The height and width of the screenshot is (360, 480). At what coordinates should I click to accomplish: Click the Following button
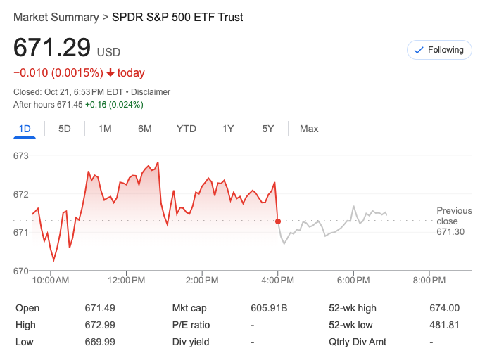pyautogui.click(x=439, y=50)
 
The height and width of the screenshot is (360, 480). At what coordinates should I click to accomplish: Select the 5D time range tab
pyautogui.click(x=65, y=129)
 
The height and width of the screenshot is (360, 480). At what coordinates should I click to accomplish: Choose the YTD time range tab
pyautogui.click(x=187, y=129)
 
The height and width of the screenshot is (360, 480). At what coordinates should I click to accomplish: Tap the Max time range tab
pyautogui.click(x=309, y=129)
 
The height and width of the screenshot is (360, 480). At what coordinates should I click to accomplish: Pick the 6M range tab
pyautogui.click(x=145, y=129)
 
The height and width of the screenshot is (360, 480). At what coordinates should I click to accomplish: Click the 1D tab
pyautogui.click(x=25, y=129)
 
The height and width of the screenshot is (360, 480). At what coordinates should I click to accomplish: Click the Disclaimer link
pyautogui.click(x=151, y=92)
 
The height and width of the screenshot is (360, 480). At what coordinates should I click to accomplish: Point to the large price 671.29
pyautogui.click(x=52, y=48)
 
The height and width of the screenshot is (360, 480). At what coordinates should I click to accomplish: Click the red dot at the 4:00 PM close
pyautogui.click(x=278, y=221)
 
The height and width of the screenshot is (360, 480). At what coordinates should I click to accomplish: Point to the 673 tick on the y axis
pyautogui.click(x=20, y=155)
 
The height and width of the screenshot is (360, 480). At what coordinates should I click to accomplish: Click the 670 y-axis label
pyautogui.click(x=20, y=271)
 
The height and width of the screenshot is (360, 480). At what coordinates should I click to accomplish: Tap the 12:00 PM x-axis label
pyautogui.click(x=127, y=281)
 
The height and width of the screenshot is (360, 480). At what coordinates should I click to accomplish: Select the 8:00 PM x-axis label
pyautogui.click(x=429, y=281)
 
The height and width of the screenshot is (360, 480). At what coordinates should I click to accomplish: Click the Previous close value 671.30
pyautogui.click(x=450, y=231)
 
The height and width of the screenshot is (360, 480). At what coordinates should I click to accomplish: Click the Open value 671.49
pyautogui.click(x=100, y=308)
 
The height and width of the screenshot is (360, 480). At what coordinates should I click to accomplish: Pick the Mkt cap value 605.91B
pyautogui.click(x=269, y=308)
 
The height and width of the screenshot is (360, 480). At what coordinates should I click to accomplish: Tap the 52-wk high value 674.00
pyautogui.click(x=444, y=308)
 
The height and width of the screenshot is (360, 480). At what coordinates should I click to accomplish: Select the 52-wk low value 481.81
pyautogui.click(x=444, y=325)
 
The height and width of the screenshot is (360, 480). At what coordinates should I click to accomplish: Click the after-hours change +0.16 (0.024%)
pyautogui.click(x=114, y=105)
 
